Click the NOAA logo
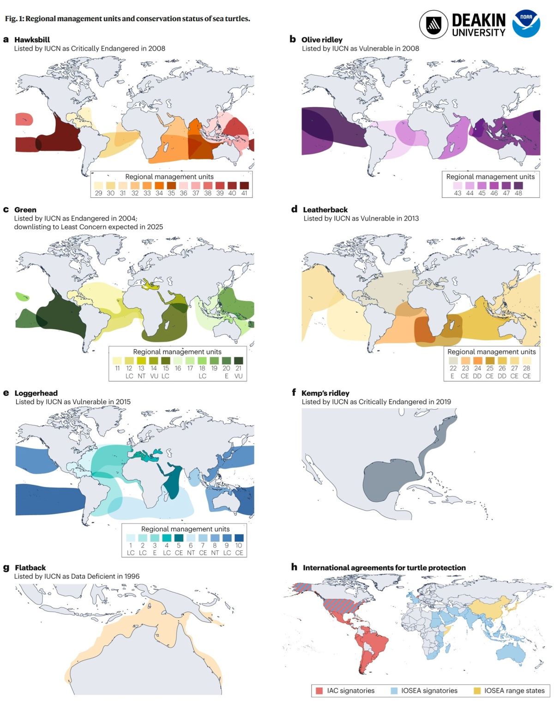(x=526, y=24)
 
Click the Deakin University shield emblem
(x=434, y=24)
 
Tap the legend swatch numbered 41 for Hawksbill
(x=244, y=185)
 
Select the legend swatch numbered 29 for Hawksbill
(x=98, y=185)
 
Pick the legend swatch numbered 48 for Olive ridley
(x=518, y=185)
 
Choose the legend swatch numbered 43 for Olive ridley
(x=458, y=185)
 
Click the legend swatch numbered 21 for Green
(x=239, y=361)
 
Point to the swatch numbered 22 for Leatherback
(x=453, y=361)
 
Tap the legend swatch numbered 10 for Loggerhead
(x=239, y=538)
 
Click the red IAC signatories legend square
(x=319, y=690)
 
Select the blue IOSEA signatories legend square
(x=394, y=690)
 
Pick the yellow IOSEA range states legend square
(x=477, y=690)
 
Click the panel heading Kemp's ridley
(x=325, y=393)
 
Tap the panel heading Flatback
(x=30, y=568)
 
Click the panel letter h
(x=294, y=567)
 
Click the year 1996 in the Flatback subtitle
(x=131, y=576)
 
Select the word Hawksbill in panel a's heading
(x=32, y=40)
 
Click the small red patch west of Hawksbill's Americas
(x=24, y=119)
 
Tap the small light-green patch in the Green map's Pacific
(x=21, y=297)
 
